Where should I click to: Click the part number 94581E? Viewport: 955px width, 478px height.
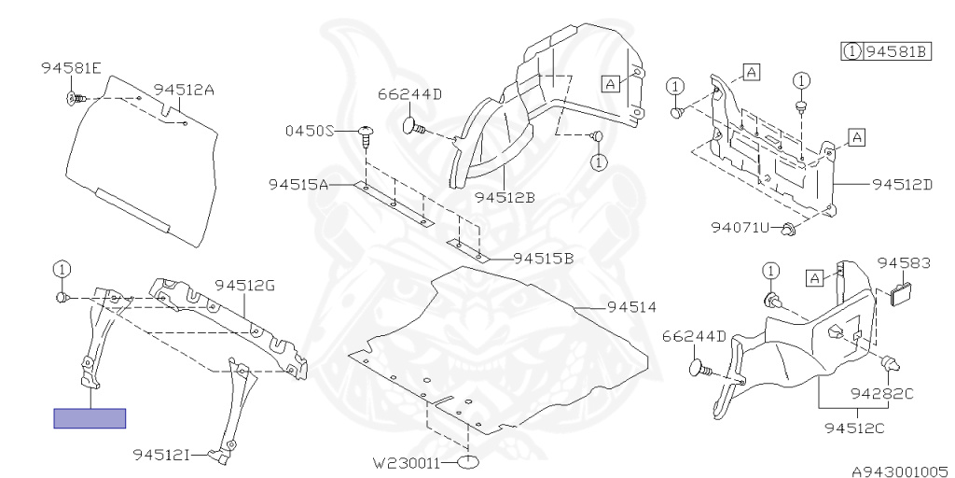(x=71, y=68)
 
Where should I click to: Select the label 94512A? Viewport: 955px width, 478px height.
(x=185, y=90)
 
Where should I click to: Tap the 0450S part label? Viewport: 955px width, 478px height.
(x=309, y=132)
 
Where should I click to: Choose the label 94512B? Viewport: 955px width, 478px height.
(x=504, y=197)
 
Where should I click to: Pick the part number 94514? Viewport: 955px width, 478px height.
(x=631, y=306)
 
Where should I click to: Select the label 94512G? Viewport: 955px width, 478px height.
(x=245, y=286)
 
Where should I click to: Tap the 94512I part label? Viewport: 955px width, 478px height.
(x=161, y=455)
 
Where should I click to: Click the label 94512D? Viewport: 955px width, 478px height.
(x=903, y=184)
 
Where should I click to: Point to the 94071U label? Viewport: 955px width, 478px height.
(x=740, y=228)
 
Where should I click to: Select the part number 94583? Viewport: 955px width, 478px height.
(x=904, y=264)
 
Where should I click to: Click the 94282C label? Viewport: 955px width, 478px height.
(x=881, y=393)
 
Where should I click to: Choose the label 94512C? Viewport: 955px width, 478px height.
(x=855, y=429)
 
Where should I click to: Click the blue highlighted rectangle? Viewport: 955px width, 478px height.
(x=90, y=418)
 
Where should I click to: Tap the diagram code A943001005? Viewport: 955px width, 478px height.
(x=898, y=471)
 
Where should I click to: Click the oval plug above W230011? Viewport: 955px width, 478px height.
(x=469, y=461)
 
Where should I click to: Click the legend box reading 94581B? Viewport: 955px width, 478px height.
(x=886, y=51)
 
